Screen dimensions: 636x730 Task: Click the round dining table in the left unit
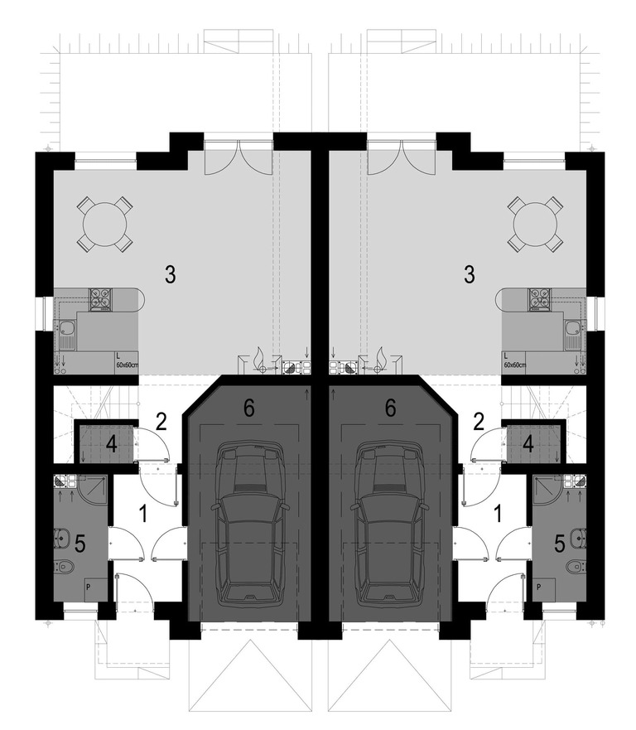point(105,225)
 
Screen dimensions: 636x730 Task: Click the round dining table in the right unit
point(536,225)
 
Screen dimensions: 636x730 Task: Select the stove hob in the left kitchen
point(101,299)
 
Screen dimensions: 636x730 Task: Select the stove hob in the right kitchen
point(539,299)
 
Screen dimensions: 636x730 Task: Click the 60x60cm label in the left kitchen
point(127,365)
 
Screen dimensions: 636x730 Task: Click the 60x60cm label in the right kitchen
point(515,365)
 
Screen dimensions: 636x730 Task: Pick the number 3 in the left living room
point(171,274)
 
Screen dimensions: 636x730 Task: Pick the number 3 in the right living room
point(470,274)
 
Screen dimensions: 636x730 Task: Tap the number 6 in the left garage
point(249,409)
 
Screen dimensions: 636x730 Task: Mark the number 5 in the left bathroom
point(80,544)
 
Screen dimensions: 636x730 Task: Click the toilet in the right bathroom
point(576,566)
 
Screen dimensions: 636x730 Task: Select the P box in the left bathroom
point(93,589)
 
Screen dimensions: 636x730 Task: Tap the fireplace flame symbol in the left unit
point(258,358)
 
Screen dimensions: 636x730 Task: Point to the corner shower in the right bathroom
point(547,489)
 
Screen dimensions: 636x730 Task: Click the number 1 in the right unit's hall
point(498,515)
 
